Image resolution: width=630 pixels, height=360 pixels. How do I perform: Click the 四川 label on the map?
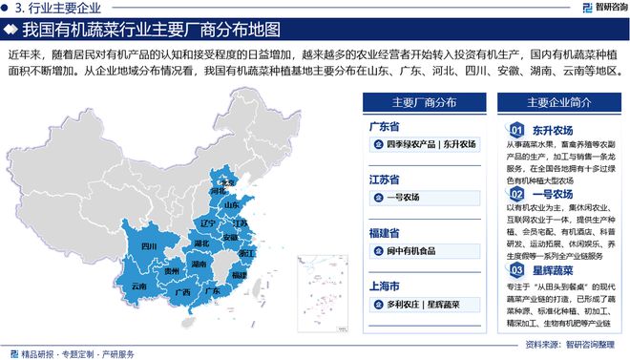pos(149,246)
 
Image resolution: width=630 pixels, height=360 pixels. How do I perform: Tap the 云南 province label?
pos(139,286)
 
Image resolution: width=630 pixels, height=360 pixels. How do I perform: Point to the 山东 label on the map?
pos(232,204)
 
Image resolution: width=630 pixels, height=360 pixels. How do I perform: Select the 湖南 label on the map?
pos(199,263)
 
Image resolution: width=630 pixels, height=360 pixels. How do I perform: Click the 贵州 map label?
pos(172,272)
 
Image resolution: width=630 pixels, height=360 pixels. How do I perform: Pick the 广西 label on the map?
pos(184,291)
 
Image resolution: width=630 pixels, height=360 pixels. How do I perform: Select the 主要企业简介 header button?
pos(557,102)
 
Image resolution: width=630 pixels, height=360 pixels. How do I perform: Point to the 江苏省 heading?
pos(385,180)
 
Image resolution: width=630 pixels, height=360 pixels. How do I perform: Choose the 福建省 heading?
pos(385,233)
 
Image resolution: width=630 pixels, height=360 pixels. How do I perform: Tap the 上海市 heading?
pos(385,286)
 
